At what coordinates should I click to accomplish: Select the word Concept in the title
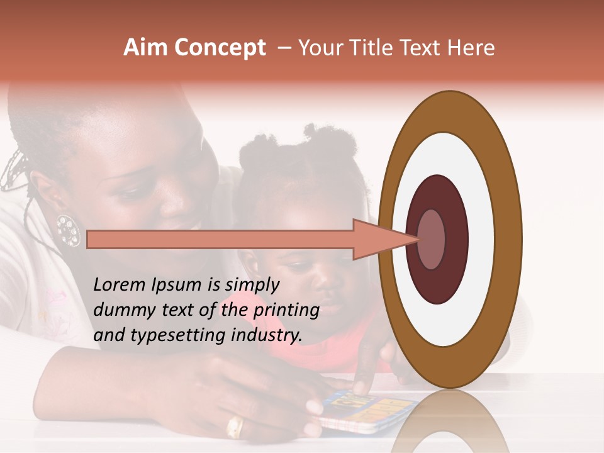[x=220, y=48]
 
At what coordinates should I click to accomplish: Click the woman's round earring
[x=68, y=230]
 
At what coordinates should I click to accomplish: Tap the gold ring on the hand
[x=235, y=426]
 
